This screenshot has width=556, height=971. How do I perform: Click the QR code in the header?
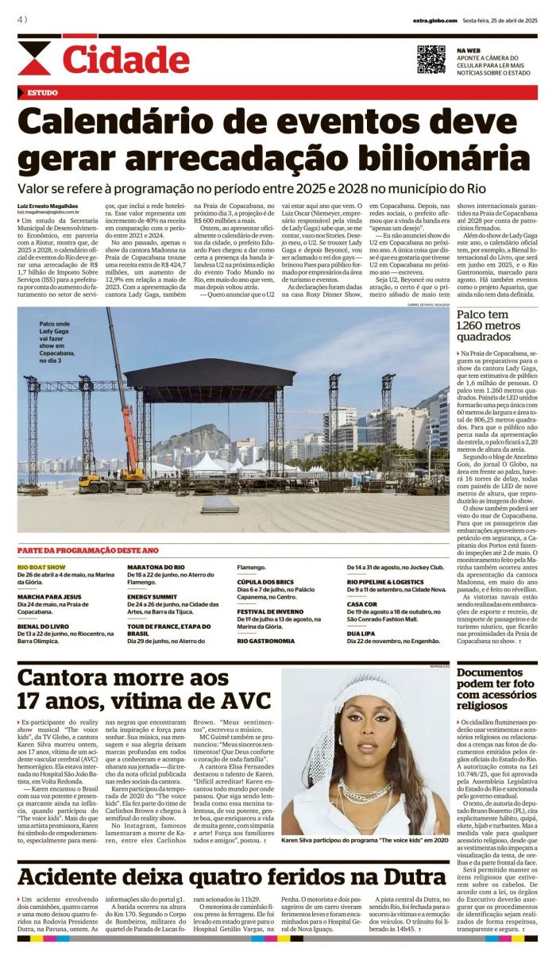[x=431, y=60]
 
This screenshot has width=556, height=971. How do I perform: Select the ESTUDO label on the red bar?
[x=42, y=93]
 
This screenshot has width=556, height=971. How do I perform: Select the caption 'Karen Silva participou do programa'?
[x=365, y=840]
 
